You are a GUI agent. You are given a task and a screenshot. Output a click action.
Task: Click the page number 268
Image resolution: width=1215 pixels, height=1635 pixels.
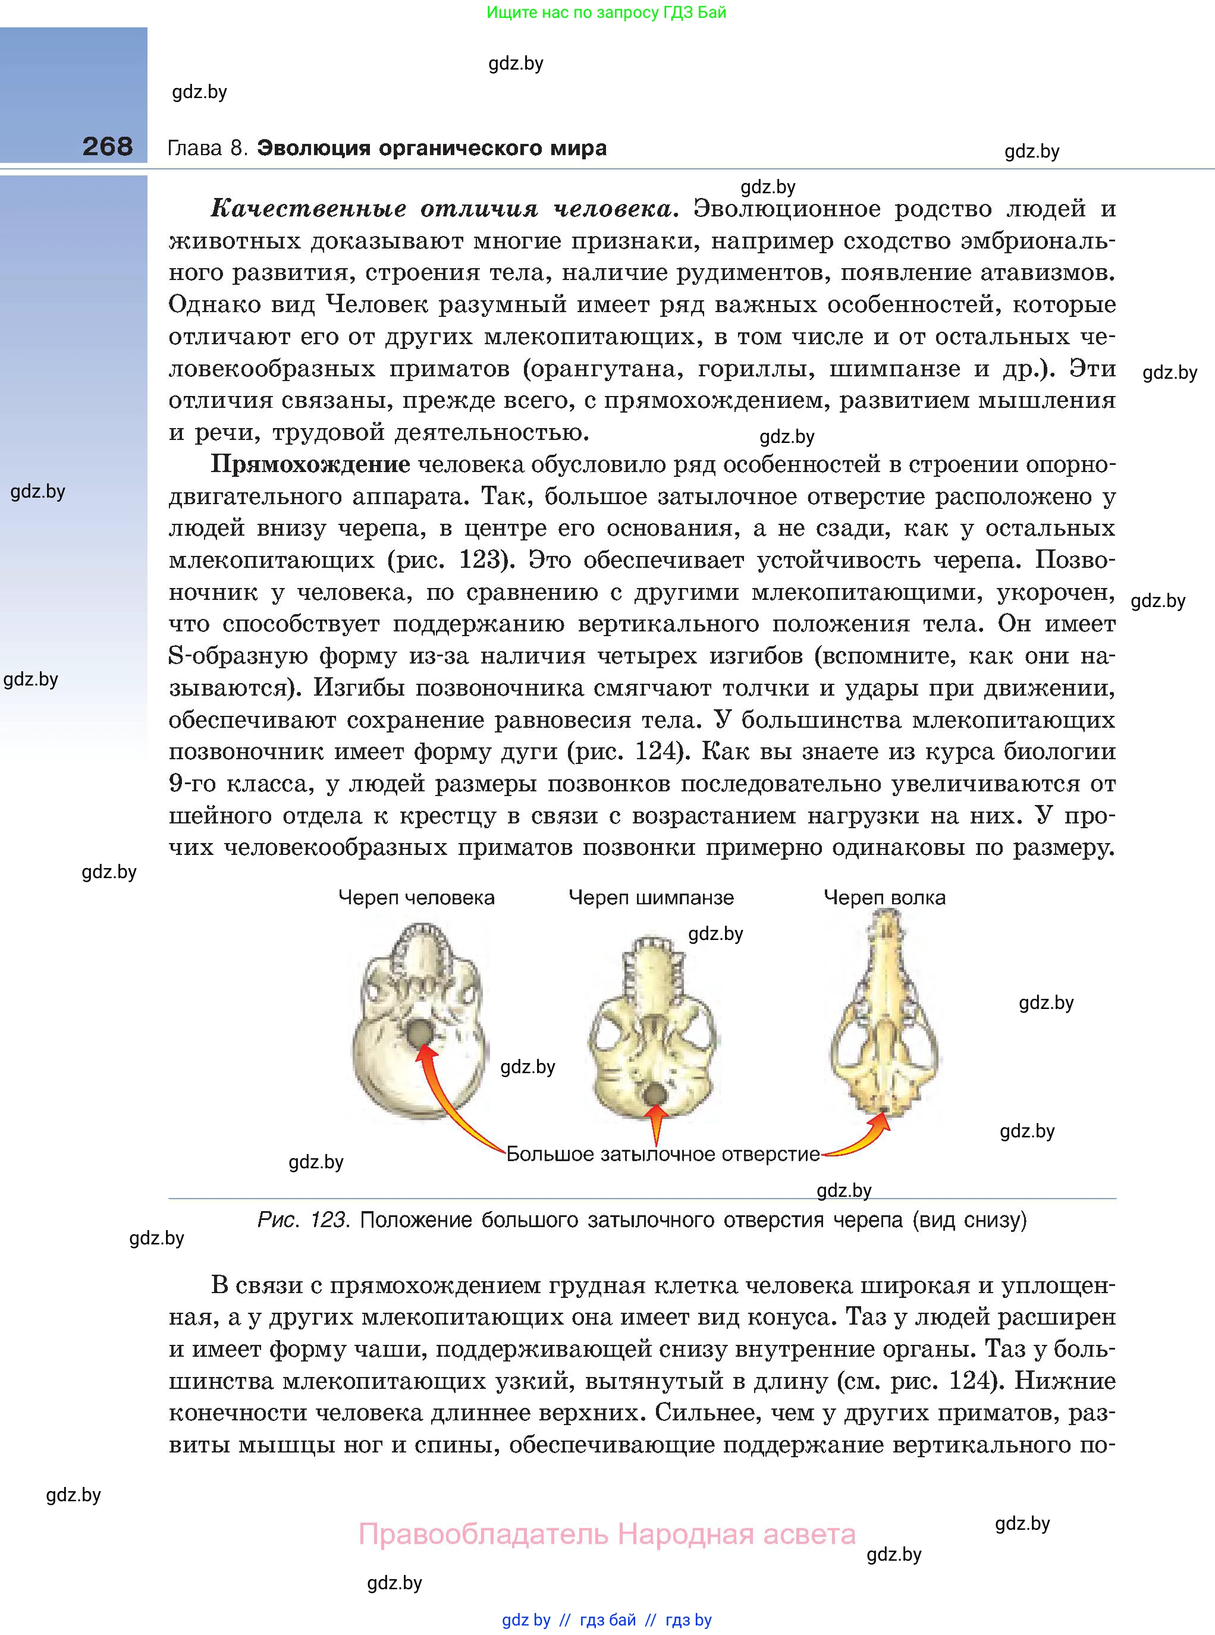click(x=108, y=146)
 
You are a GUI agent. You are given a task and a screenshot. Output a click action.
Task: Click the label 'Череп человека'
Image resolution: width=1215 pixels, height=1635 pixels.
click(x=416, y=898)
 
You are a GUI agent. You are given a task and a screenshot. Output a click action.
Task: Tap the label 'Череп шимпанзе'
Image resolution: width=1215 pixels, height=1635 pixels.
click(x=651, y=898)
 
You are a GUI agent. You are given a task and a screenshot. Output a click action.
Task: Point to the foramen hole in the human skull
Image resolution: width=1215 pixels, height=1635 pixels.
click(x=419, y=1033)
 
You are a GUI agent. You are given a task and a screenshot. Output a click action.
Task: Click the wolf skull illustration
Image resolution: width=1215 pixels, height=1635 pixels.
click(x=885, y=1014)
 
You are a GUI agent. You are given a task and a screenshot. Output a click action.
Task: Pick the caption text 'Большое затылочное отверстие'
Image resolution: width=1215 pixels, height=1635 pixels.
click(x=663, y=1154)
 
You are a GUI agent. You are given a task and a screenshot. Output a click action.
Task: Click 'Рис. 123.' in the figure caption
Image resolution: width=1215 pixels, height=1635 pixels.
click(x=302, y=1221)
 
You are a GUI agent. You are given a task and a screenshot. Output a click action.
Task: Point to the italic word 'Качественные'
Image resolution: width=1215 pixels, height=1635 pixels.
click(x=308, y=209)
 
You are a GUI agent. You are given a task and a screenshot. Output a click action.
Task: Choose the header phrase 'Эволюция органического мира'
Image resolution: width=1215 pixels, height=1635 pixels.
click(x=432, y=149)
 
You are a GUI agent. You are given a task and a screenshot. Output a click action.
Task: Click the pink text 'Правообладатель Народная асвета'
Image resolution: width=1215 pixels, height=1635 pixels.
click(x=607, y=1535)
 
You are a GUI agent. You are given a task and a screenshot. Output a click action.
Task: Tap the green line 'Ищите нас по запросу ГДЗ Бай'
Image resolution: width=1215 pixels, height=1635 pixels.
click(x=606, y=12)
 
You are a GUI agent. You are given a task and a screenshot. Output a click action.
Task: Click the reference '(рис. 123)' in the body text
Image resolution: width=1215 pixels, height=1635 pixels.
click(x=448, y=560)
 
